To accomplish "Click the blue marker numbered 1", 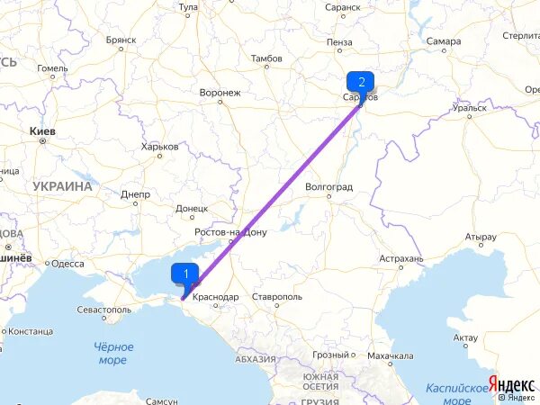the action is click(x=185, y=274).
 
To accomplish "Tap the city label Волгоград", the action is click(x=329, y=186).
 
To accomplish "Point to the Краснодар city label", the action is click(x=215, y=296).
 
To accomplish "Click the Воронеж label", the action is click(x=220, y=93).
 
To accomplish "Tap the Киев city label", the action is click(x=42, y=131).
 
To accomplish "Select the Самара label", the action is click(x=445, y=41).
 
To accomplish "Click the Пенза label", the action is click(x=340, y=41).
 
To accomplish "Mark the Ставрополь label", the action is click(x=276, y=296).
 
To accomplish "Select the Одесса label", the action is click(x=67, y=264).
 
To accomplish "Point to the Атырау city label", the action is click(x=481, y=238).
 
